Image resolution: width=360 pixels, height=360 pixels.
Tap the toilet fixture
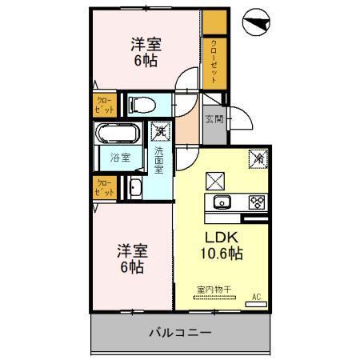pos(141,104)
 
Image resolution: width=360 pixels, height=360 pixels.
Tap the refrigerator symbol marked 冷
pos(258,158)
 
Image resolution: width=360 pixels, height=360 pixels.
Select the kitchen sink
pos(221,201)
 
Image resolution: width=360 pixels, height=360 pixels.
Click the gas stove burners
pos(258,202)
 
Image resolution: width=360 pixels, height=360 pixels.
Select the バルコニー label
pos(181,333)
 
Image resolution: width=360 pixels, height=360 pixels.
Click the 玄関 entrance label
pos(214,120)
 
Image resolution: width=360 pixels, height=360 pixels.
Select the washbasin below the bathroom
pos(134,189)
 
